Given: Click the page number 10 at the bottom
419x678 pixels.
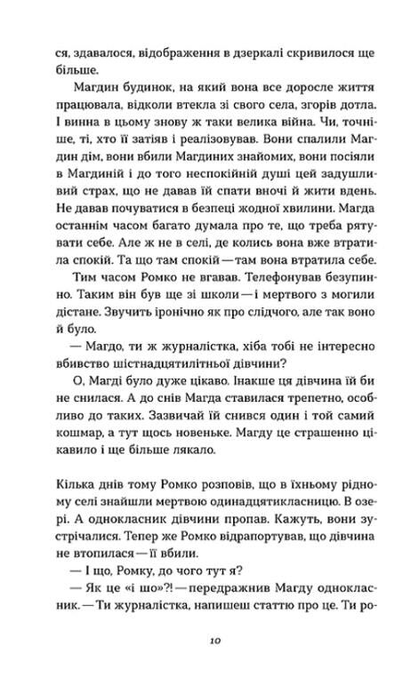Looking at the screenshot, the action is click(209, 638).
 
